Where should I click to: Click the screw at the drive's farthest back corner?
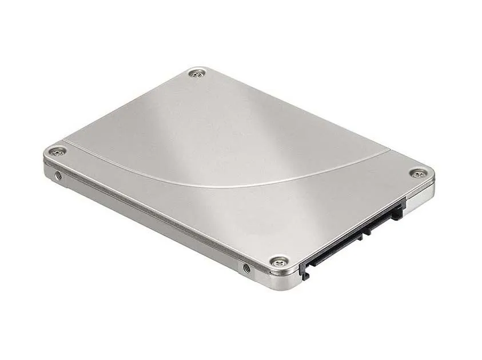(198, 73)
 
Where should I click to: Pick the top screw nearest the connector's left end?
(278, 262)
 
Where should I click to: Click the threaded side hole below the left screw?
(58, 175)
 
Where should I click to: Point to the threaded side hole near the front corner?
(246, 267)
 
